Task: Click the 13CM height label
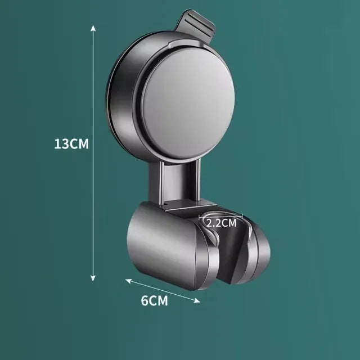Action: (x=71, y=143)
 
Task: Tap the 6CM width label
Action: (x=154, y=300)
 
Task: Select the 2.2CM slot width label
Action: (x=221, y=222)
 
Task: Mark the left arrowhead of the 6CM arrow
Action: (x=127, y=280)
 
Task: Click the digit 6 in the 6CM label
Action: (x=144, y=300)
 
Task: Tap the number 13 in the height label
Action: (x=61, y=143)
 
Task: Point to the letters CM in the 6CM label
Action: (x=159, y=300)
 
